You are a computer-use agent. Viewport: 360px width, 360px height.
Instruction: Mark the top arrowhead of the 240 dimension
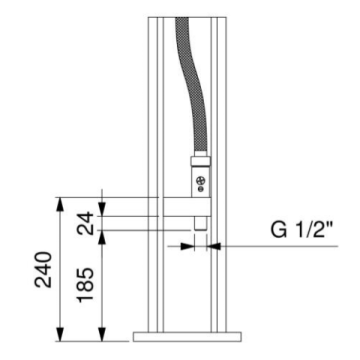(x=62, y=201)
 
